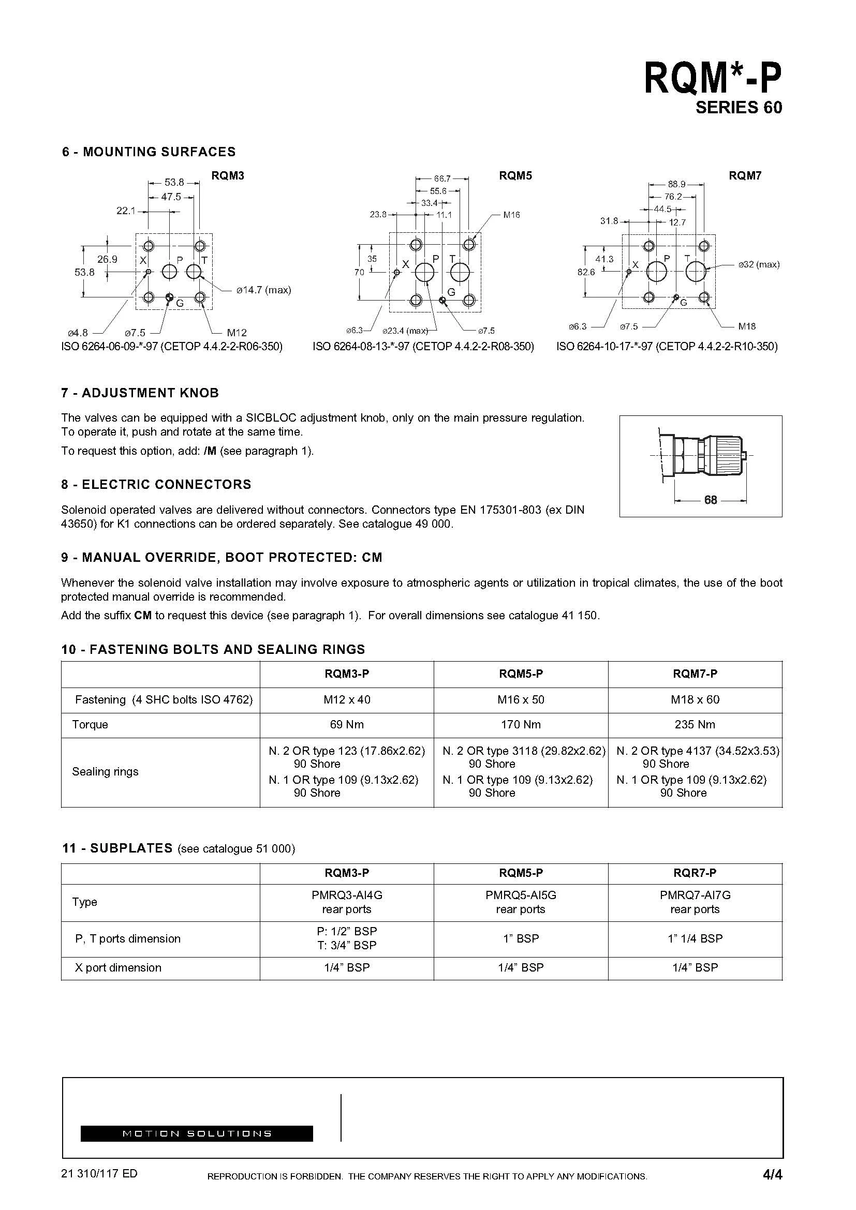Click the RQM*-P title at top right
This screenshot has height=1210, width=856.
pos(712,79)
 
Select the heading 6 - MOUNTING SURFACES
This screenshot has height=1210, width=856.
pos(149,152)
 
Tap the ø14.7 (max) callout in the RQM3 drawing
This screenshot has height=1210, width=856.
pos(263,290)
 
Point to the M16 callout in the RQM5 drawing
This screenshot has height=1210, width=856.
pos(511,215)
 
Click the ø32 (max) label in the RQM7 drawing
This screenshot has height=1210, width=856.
pos(759,264)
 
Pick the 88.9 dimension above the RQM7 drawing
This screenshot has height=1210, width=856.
pos(676,184)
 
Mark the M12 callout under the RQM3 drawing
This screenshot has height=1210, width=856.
pos(237,333)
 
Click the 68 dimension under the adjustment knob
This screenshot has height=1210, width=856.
pos(711,500)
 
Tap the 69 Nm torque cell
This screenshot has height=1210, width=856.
pos(346,725)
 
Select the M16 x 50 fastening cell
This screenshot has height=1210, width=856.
pos(520,700)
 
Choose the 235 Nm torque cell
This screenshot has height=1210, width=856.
pos(695,725)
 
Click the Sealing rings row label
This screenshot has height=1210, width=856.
pos(105,771)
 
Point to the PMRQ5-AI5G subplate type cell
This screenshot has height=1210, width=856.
pos(520,895)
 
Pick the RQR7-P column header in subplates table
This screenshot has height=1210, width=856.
pos(695,873)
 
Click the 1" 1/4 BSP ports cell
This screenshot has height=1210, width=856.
pos(695,938)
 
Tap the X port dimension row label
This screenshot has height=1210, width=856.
pos(118,967)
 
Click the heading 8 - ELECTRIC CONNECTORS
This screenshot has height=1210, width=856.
pos(156,484)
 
